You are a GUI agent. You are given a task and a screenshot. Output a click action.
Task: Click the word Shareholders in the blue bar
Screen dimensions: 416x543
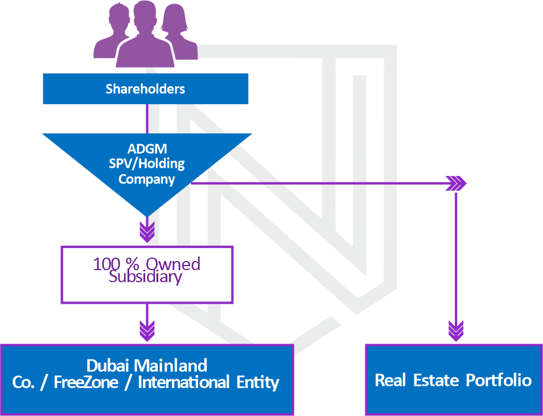point(145,89)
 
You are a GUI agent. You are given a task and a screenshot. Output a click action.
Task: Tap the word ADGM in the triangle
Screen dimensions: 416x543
point(147,150)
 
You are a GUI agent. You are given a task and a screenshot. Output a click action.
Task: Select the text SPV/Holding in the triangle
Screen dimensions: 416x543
point(147,164)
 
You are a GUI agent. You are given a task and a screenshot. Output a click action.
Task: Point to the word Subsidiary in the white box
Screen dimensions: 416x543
point(146,277)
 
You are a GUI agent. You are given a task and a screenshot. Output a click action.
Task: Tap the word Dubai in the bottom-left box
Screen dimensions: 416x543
point(110,365)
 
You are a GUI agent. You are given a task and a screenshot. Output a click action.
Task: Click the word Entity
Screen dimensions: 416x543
point(257,382)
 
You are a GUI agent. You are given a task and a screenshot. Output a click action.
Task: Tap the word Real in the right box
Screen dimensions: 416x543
point(389,380)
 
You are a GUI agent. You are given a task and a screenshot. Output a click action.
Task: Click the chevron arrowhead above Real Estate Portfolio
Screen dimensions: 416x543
point(455,331)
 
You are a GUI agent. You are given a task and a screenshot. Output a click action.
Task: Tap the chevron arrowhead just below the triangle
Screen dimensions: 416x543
point(147,231)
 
